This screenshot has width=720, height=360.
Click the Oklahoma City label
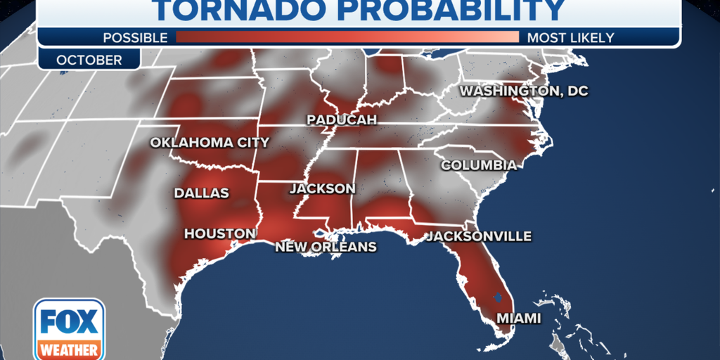click(210, 143)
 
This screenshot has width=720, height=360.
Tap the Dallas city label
click(202, 193)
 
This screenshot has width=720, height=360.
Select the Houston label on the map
click(219, 233)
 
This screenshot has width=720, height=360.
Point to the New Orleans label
click(326, 247)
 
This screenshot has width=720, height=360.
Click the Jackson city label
click(323, 189)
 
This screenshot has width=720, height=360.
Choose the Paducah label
click(342, 120)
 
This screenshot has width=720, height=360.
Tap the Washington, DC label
click(524, 91)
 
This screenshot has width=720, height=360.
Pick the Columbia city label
click(479, 165)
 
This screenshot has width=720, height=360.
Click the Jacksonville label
click(479, 236)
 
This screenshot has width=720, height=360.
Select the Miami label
click(519, 319)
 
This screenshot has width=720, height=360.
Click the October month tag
click(89, 60)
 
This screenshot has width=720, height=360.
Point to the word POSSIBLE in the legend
click(135, 37)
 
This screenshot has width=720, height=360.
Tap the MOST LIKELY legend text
click(570, 37)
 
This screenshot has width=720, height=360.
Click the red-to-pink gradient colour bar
click(347, 37)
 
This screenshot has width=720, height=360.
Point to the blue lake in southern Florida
click(498, 297)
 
